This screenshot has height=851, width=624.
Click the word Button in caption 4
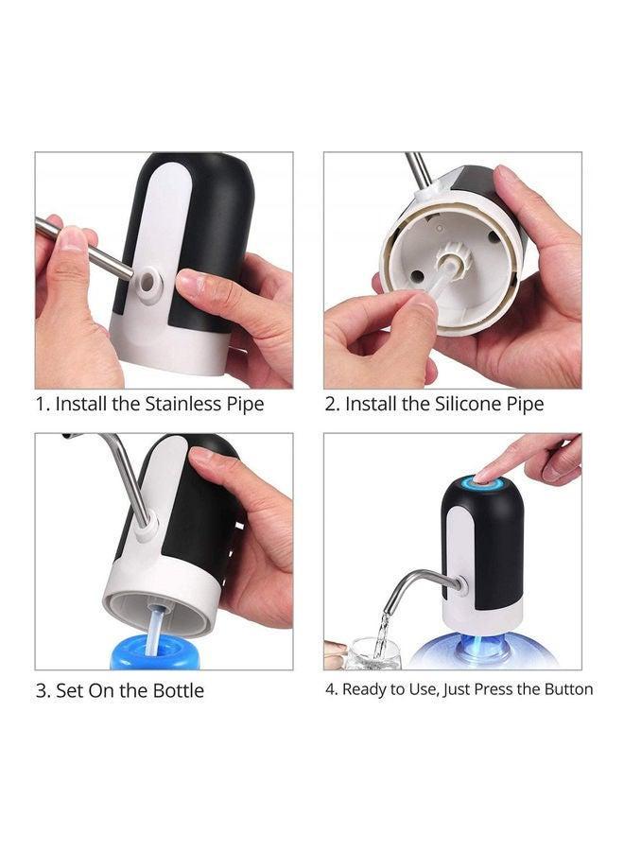click(x=567, y=689)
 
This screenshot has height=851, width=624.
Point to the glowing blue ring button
click(x=482, y=485)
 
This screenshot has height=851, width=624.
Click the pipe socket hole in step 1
click(x=149, y=281)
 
